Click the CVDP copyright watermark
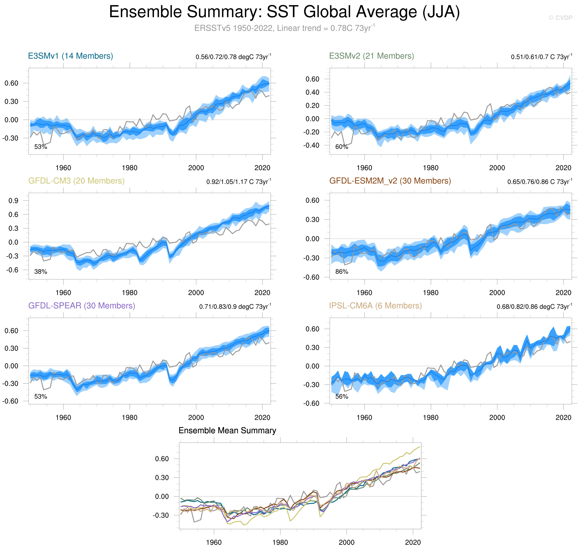(x=560, y=18)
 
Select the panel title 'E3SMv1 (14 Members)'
(x=70, y=56)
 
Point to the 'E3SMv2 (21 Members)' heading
(x=371, y=56)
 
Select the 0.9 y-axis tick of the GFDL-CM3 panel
(x=13, y=201)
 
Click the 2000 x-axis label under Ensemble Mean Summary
(x=347, y=542)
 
